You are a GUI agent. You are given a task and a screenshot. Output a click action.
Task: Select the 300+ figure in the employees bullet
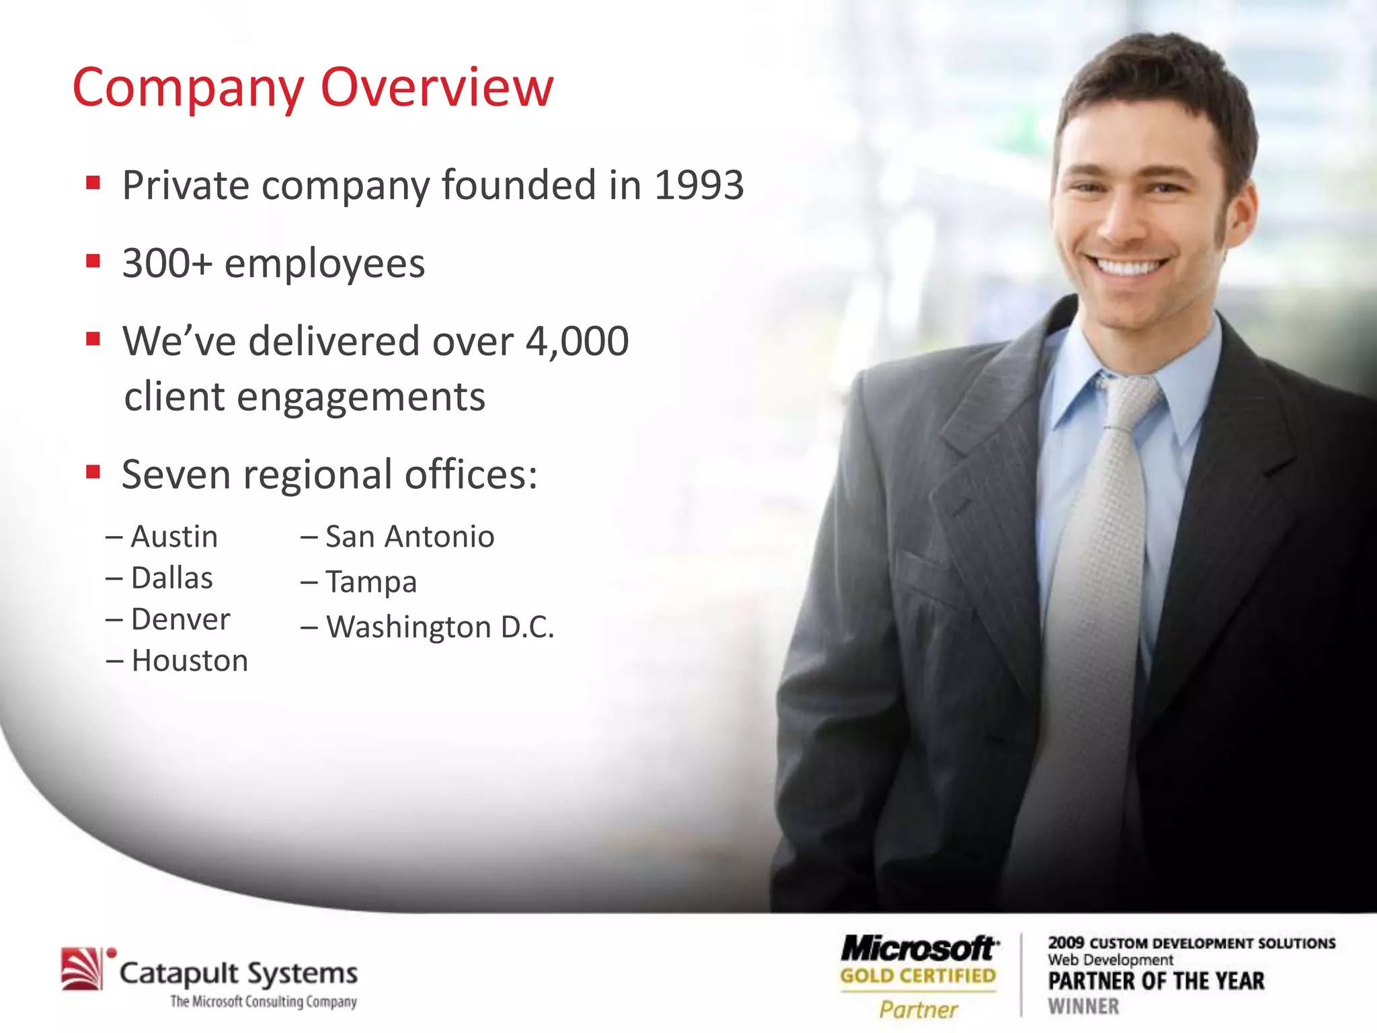point(167,263)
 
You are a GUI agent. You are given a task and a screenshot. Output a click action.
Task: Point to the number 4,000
point(577,341)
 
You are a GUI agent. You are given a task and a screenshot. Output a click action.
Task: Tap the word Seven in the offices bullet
point(176,475)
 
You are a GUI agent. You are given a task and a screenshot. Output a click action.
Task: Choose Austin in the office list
point(174,537)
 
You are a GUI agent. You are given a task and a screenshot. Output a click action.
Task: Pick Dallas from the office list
point(172,578)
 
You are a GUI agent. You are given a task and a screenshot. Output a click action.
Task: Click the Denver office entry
point(180,619)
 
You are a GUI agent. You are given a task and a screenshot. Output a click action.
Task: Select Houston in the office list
point(190,661)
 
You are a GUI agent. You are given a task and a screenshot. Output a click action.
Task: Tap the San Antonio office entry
point(409,537)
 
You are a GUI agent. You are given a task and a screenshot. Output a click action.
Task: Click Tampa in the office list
point(371,582)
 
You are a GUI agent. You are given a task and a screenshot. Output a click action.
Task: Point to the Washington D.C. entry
point(440,627)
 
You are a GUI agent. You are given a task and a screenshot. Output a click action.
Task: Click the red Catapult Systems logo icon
point(83,969)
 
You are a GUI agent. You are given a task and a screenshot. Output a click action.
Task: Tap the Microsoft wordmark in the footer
point(918,949)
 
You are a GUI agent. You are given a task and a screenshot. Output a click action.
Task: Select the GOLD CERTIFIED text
point(918,976)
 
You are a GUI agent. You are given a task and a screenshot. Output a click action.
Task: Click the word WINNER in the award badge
point(1083,1007)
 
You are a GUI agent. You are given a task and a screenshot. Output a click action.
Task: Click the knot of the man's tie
point(1130,397)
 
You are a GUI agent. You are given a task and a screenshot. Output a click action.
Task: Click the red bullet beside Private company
point(93,183)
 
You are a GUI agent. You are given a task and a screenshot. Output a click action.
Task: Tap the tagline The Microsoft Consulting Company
point(263,1002)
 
